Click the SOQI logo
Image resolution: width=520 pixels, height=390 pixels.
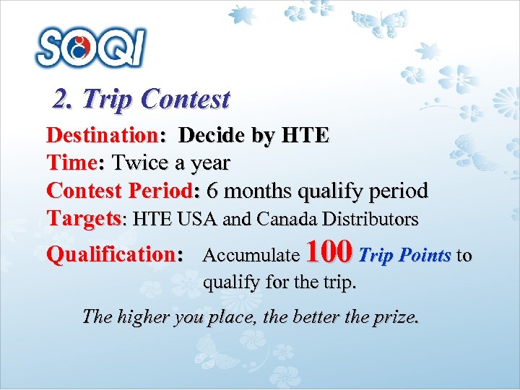[x=90, y=47]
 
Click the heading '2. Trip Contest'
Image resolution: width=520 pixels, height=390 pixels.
[x=142, y=99]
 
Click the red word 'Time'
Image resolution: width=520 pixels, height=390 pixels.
[x=71, y=163]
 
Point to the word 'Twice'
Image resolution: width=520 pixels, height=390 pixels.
[x=139, y=163]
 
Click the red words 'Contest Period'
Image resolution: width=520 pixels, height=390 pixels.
[x=118, y=191]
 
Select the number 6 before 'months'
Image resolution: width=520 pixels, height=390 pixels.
[x=212, y=191]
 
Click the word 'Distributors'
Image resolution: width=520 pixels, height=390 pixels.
[x=371, y=218]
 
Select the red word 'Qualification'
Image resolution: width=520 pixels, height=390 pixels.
[x=108, y=254]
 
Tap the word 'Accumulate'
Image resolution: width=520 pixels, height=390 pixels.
[x=251, y=255]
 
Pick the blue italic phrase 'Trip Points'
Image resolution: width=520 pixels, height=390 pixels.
[x=404, y=255]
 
